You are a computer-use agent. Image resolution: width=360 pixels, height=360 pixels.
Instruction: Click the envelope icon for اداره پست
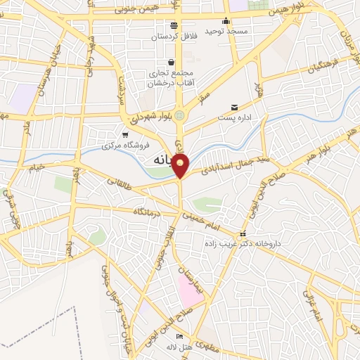[x=234, y=108]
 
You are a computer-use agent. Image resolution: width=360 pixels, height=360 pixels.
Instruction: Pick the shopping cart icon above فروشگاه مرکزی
[x=125, y=134]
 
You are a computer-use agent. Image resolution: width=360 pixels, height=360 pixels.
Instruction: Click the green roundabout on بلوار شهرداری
[x=181, y=115]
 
